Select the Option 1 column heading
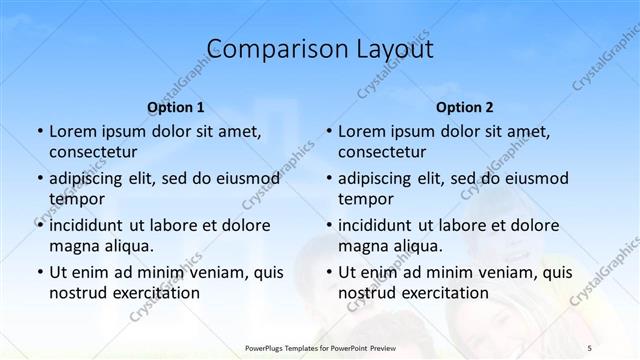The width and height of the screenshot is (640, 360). pos(175,107)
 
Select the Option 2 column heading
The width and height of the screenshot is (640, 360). pos(464,107)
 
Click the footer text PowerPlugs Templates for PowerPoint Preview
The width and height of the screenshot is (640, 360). pos(320,346)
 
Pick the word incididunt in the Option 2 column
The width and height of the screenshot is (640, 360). pos(378,225)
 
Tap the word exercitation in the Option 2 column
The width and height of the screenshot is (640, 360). pos(443,293)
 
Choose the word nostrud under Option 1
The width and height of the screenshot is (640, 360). pos(75,293)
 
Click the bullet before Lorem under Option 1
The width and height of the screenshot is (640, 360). pos(39,131)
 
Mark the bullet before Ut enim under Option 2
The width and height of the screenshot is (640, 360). pos(328,272)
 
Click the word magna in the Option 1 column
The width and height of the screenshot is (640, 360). pos(72,246)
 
